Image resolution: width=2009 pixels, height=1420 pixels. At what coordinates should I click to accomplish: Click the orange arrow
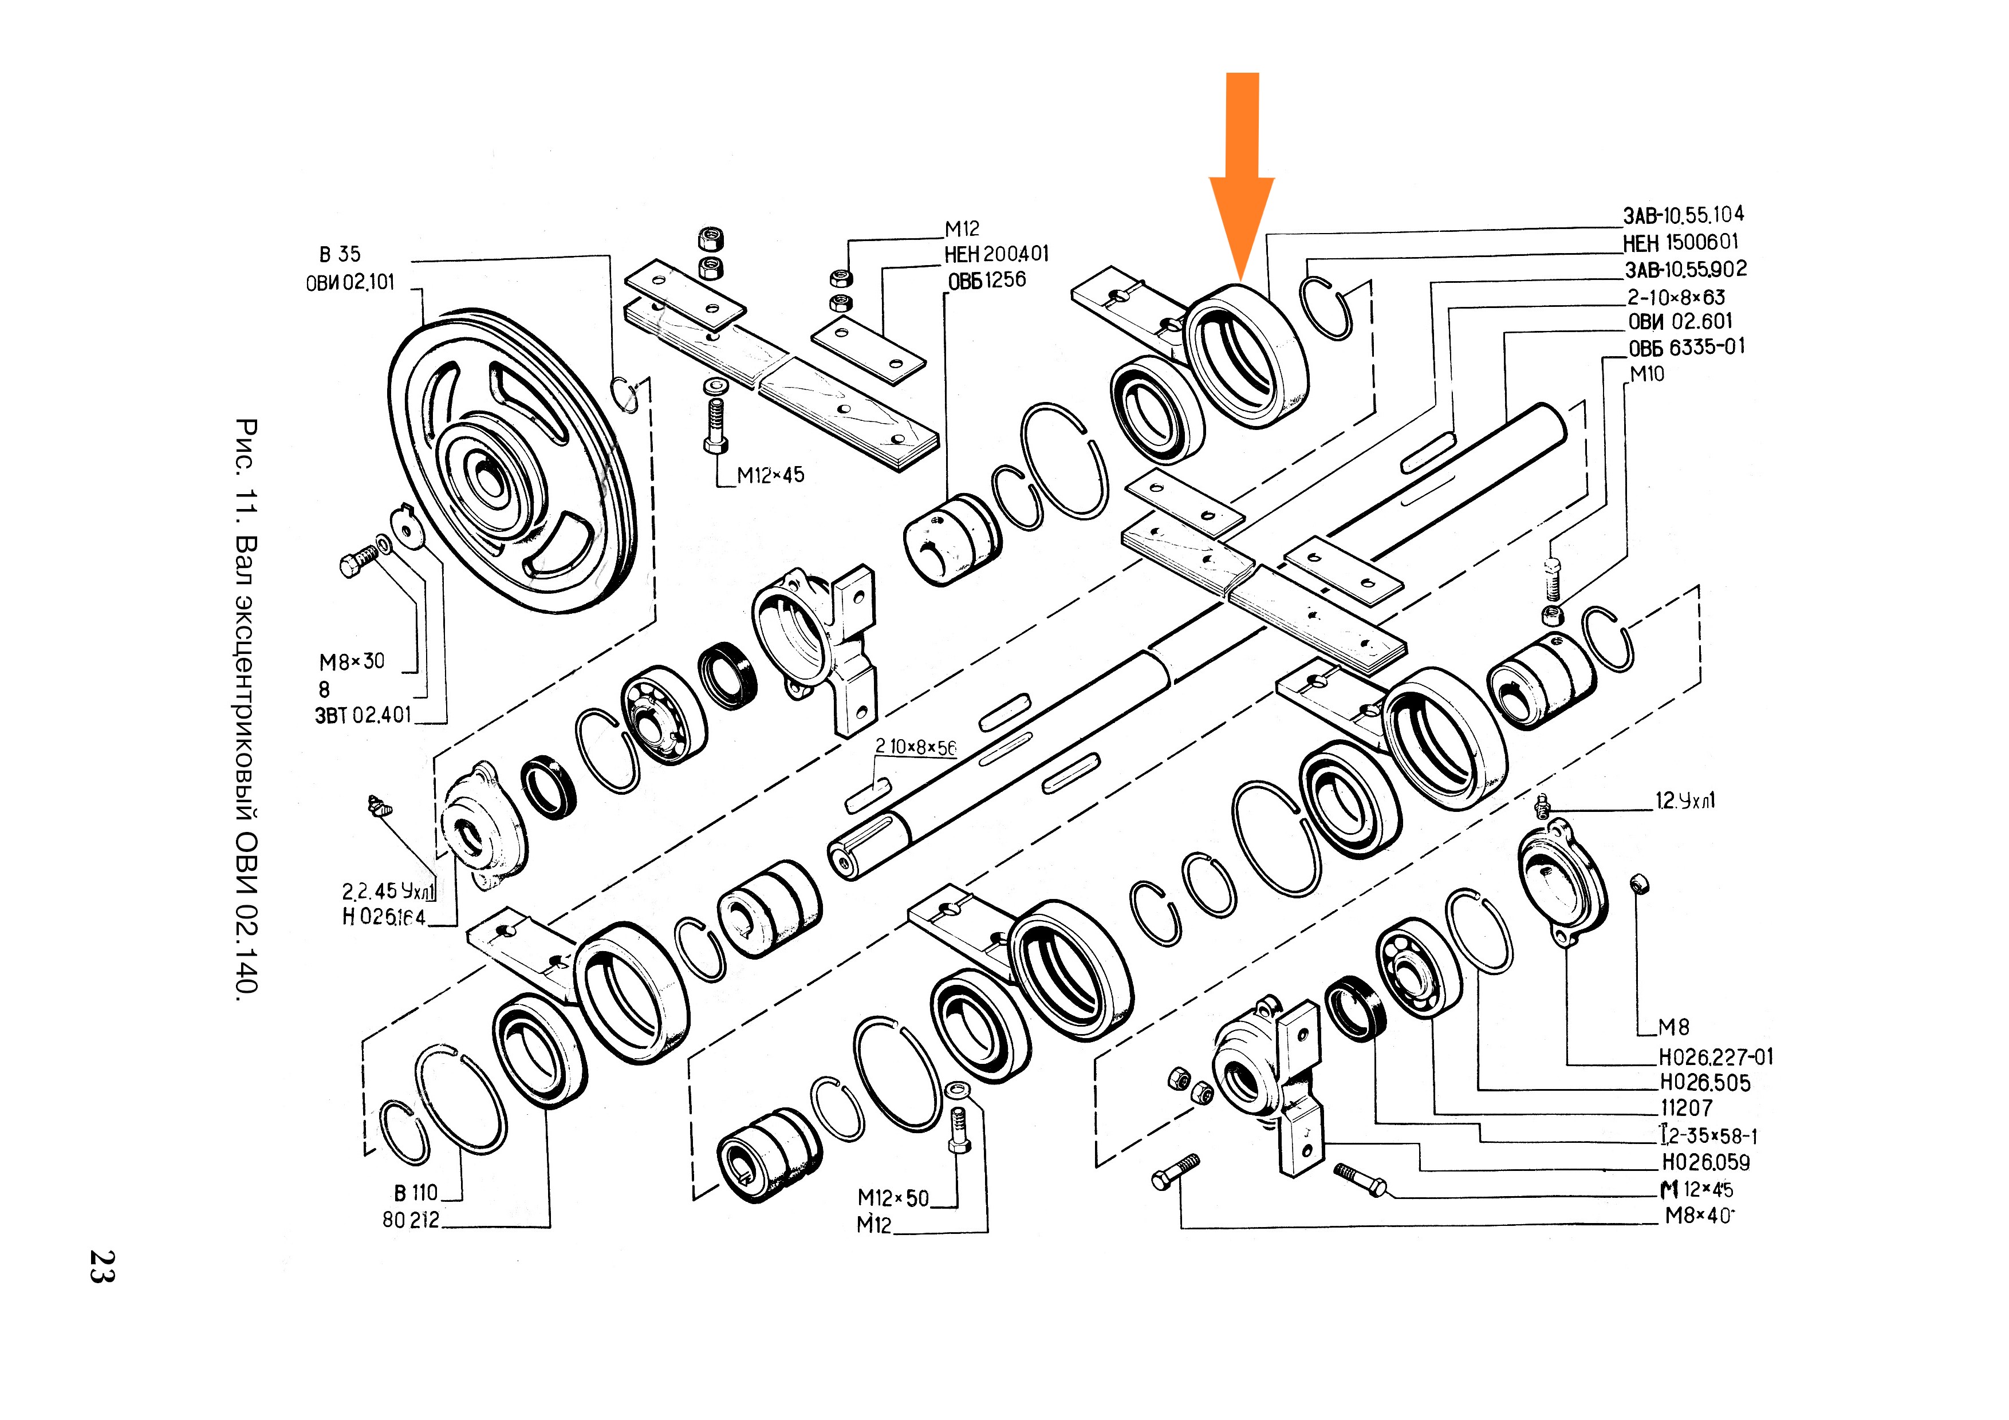[1242, 175]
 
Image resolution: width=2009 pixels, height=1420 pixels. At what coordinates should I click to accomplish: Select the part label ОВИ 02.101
[350, 283]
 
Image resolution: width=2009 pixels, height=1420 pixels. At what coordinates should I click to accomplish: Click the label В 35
[340, 255]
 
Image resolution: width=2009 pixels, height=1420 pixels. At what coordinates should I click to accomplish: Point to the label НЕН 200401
[996, 255]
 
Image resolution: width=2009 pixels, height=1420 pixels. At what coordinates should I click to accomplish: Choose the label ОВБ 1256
[987, 281]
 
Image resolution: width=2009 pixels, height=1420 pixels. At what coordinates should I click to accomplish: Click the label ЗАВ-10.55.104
[1684, 215]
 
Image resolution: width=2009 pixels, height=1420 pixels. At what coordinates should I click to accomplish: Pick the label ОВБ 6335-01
[1686, 348]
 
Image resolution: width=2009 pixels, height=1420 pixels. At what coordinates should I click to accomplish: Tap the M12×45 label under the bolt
[770, 475]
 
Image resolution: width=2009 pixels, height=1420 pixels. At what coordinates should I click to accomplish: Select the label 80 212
[411, 1220]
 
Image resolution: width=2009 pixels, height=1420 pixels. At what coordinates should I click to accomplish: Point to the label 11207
[1686, 1109]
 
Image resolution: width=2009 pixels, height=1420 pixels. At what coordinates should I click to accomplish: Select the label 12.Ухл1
[1684, 800]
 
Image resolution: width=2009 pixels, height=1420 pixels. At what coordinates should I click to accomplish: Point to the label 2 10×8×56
[915, 746]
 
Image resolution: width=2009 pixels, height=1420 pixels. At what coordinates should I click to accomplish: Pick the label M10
[1646, 374]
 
